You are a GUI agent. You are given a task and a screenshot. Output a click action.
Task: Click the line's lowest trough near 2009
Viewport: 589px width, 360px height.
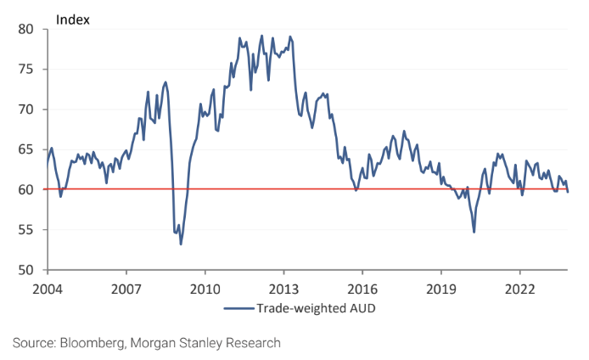[x=181, y=245]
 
